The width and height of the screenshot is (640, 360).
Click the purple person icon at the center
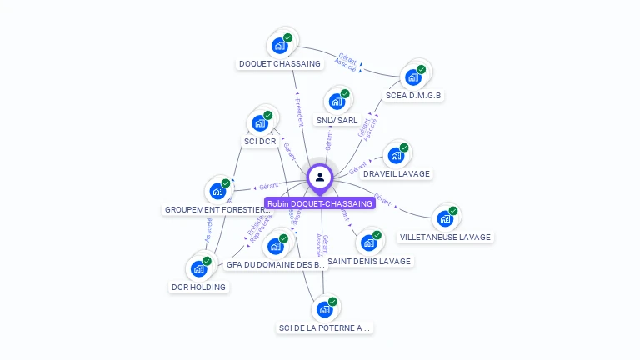[320, 177]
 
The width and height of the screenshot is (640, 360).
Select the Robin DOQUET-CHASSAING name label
[319, 203]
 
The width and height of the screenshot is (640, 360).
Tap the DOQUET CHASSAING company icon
[280, 46]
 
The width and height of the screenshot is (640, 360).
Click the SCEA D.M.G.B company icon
[413, 77]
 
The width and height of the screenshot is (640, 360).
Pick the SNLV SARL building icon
[337, 102]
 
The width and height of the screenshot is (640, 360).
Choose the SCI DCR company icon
[260, 123]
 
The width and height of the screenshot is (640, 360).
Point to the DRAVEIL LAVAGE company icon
[396, 156]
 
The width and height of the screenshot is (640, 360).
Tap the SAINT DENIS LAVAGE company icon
[369, 243]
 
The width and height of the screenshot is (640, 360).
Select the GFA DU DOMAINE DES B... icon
[276, 247]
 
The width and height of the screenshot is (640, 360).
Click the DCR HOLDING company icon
[198, 268]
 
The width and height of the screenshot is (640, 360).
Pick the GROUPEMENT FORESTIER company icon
[217, 191]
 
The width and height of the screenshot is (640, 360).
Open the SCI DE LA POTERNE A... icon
[325, 309]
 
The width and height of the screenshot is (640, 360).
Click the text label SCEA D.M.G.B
[414, 96]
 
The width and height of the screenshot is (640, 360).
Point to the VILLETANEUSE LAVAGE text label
[445, 237]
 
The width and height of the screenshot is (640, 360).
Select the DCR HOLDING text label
[198, 287]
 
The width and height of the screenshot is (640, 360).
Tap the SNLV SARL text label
[337, 121]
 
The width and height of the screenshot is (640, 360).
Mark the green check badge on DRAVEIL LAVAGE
[404, 147]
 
